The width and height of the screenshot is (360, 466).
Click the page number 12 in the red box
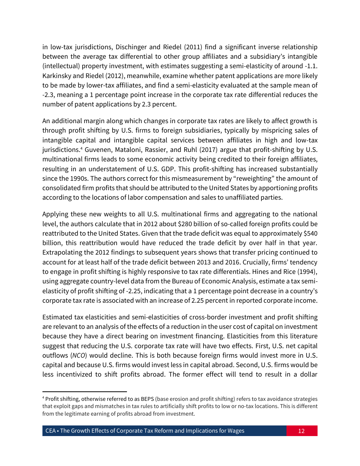pyautogui.click(x=301, y=431)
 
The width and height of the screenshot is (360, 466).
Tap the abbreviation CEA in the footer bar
pyautogui.click(x=51, y=431)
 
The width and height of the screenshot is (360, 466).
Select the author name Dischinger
pyautogui.click(x=131, y=47)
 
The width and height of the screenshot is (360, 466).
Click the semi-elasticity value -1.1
pyautogui.click(x=310, y=66)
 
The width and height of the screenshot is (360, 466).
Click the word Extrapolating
pyautogui.click(x=63, y=252)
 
